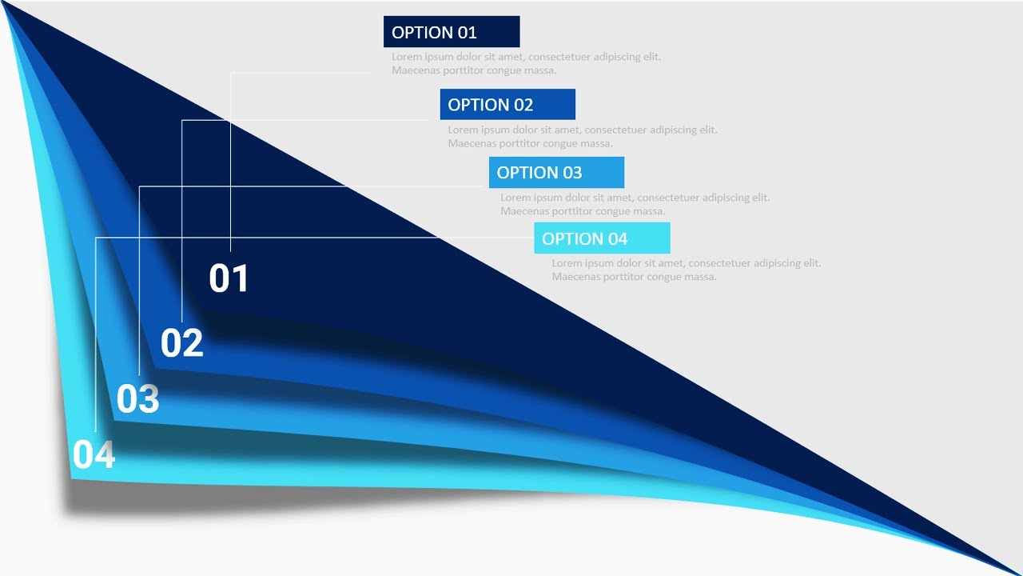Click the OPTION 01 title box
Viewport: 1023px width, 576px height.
click(452, 32)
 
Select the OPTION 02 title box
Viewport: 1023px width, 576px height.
click(508, 105)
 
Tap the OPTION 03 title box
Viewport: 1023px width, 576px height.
click(556, 173)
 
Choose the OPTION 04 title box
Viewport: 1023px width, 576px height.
click(602, 238)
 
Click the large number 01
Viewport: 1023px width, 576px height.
click(229, 278)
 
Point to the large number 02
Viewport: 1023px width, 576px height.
click(182, 343)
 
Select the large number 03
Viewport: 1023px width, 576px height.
click(137, 399)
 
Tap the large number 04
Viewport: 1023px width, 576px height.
click(94, 455)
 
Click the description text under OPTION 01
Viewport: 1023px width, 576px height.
click(526, 64)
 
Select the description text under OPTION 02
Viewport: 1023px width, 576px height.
click(582, 137)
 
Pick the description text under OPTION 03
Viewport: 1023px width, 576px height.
click(635, 205)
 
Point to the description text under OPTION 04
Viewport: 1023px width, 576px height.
click(686, 270)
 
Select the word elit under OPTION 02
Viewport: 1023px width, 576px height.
click(708, 130)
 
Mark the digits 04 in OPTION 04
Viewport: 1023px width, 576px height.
click(617, 238)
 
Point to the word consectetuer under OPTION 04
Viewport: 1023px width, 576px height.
click(719, 263)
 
